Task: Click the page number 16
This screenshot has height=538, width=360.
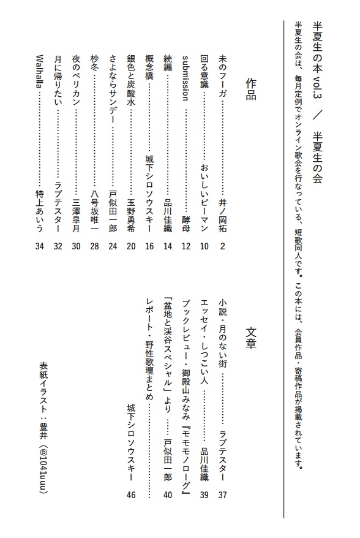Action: tap(148, 247)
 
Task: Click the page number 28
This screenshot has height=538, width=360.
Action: tap(94, 247)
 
